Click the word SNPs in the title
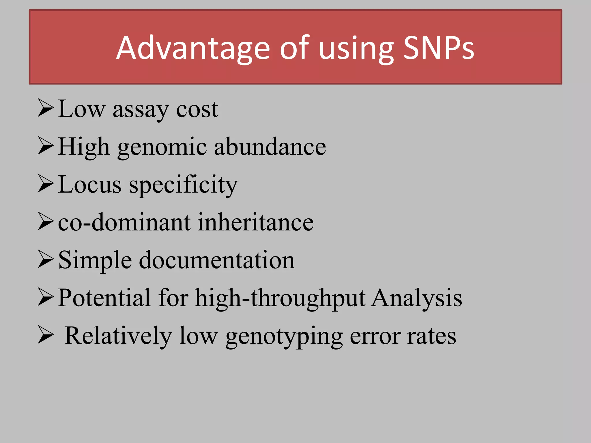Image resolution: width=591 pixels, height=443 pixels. (x=438, y=48)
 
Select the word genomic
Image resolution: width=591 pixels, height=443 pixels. (x=162, y=148)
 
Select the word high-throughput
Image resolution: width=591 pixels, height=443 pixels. (x=280, y=299)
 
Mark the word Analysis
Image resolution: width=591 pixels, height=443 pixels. (x=417, y=298)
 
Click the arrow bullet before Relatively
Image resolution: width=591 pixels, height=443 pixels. (x=46, y=335)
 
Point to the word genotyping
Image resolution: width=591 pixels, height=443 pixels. (x=284, y=337)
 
